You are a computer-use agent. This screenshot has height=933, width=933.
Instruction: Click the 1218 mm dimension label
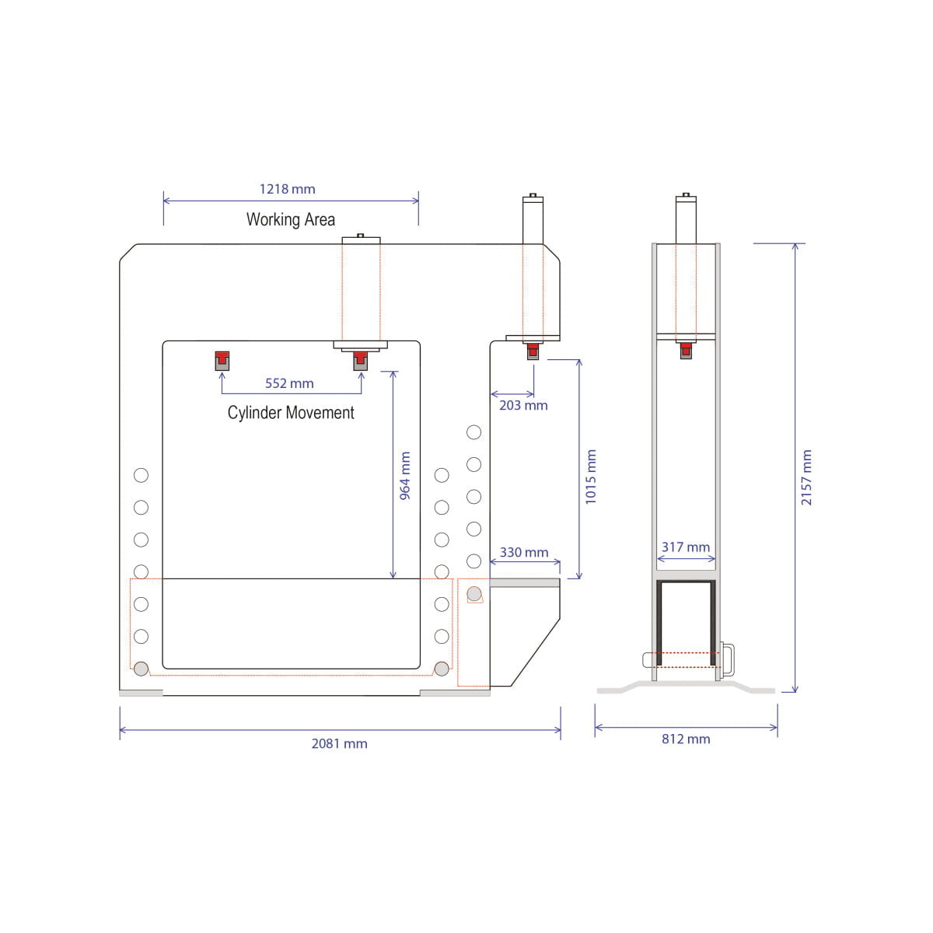287,189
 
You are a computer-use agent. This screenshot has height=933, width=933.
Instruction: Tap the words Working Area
291,219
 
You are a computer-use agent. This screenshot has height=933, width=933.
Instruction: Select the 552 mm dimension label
289,383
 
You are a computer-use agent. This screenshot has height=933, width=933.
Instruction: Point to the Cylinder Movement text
291,413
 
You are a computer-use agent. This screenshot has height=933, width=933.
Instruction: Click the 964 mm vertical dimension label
405,476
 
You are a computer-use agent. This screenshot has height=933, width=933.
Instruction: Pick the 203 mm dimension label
523,405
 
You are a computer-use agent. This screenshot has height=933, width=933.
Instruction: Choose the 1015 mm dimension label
591,477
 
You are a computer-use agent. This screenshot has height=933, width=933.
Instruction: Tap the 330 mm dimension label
524,553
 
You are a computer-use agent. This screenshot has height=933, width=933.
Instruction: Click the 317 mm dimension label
686,547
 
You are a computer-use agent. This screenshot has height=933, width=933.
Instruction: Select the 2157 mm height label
806,477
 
